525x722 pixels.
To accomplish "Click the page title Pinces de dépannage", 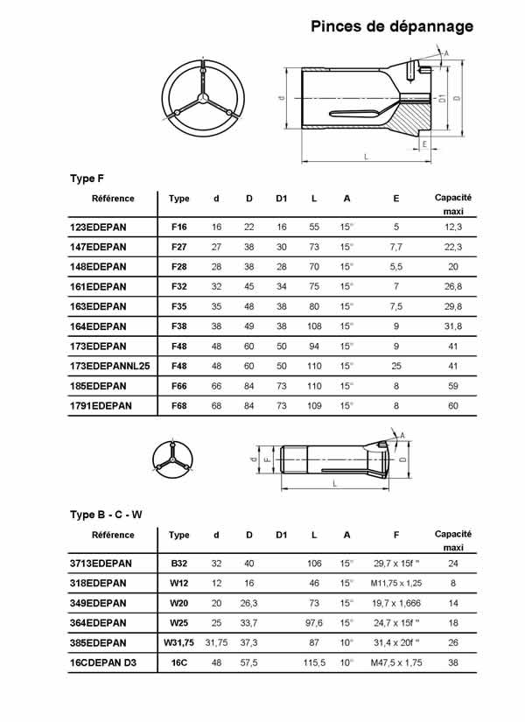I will click(392, 27).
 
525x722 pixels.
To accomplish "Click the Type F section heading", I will click(87, 178).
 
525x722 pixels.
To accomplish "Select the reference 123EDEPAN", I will click(98, 228).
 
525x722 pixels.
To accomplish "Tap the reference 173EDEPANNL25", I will click(110, 365).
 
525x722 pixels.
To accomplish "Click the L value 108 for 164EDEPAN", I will click(314, 326).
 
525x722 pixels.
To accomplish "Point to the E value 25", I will click(396, 365).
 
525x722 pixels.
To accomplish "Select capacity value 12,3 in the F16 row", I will click(453, 228).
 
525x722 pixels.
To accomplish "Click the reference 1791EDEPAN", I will click(101, 404).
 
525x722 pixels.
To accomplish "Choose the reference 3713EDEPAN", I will click(101, 564).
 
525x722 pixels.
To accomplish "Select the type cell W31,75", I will click(178, 642).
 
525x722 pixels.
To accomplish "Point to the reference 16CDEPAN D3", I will click(106, 662).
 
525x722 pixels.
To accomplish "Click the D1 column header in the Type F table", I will click(281, 199).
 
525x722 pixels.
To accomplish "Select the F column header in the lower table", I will click(396, 535).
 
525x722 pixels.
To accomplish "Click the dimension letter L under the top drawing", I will click(365, 156).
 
